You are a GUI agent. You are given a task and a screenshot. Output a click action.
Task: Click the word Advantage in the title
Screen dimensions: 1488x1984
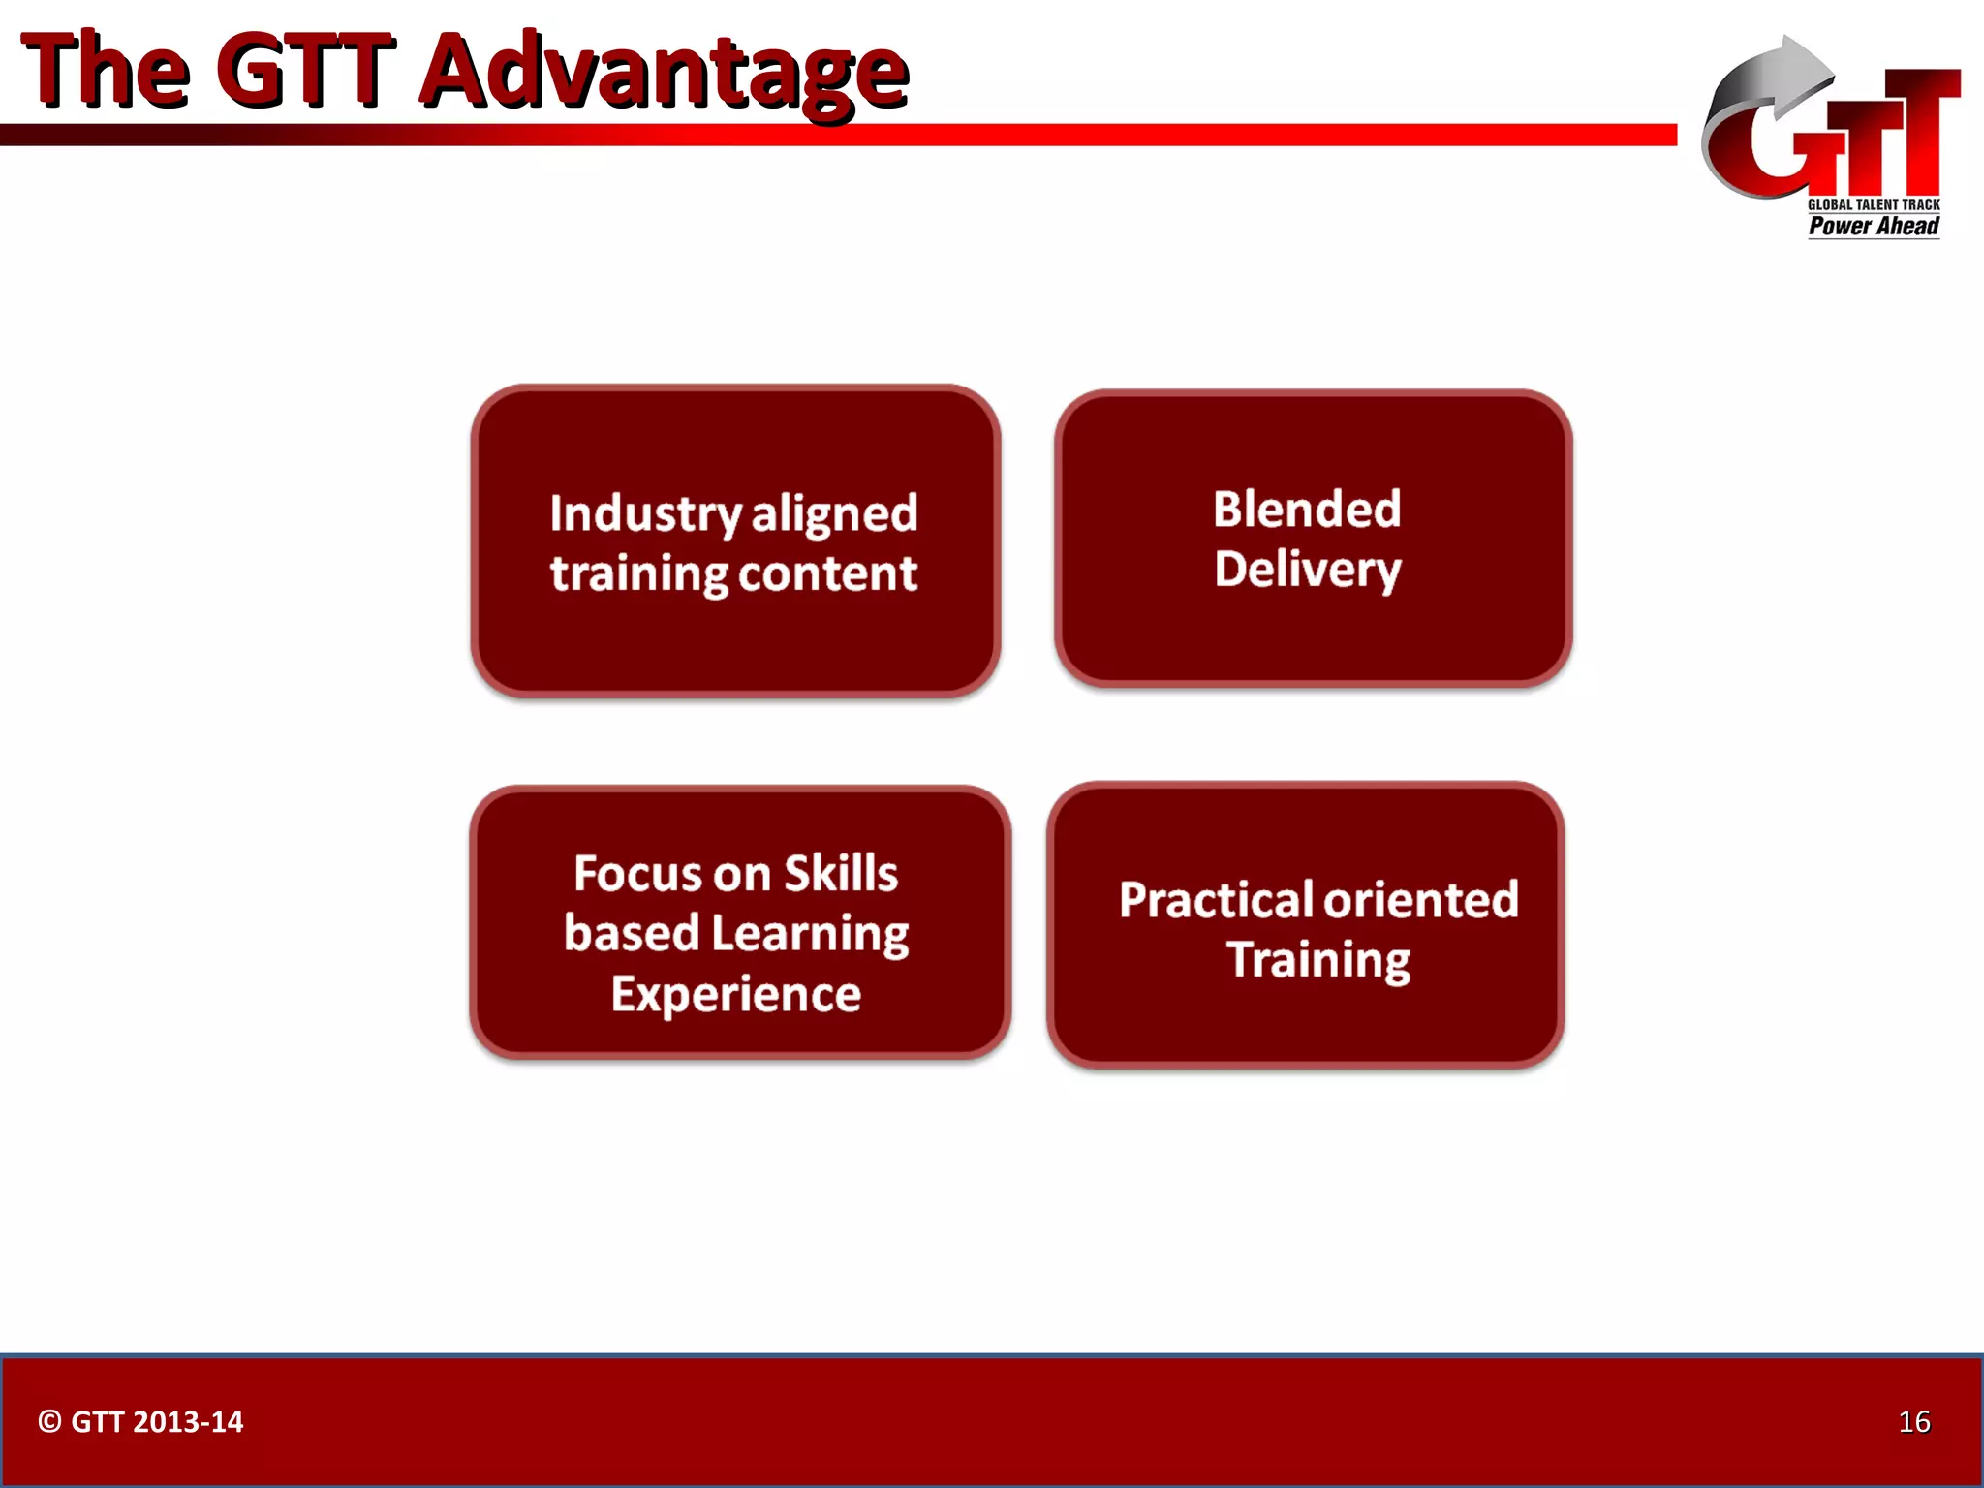coord(664,73)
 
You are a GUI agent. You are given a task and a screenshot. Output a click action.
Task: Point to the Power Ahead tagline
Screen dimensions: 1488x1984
coord(1874,227)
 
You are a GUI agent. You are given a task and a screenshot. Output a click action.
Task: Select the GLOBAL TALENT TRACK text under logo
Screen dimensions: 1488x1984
coord(1874,204)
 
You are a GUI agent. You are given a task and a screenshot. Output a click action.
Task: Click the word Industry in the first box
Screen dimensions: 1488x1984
coord(645,513)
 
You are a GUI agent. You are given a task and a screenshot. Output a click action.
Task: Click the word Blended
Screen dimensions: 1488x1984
coord(1307,510)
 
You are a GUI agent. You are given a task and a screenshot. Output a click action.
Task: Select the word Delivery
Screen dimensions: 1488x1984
coord(1308,570)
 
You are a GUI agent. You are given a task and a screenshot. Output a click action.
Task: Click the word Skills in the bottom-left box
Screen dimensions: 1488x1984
coord(841,874)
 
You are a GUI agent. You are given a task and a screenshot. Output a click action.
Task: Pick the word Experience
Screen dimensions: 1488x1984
coord(736,995)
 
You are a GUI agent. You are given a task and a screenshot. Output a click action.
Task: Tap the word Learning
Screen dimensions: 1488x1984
coord(810,935)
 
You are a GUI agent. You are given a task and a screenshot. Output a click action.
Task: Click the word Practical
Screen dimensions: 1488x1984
coord(1216,900)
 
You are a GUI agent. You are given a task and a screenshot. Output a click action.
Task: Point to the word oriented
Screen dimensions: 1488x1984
coord(1422,900)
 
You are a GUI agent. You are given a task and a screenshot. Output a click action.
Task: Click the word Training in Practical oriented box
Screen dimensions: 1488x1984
coord(1318,960)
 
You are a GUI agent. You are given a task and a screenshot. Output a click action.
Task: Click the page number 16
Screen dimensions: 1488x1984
coord(1914,1421)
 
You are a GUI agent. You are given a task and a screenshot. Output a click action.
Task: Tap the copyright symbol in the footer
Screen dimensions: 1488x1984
coord(49,1421)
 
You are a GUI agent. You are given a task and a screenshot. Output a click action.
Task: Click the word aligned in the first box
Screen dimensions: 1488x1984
coord(834,513)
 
